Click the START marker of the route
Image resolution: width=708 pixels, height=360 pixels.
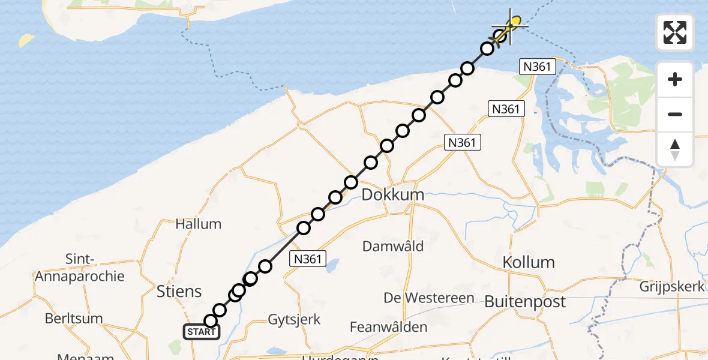pos(201,331)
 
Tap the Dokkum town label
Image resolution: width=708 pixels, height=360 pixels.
pos(392,194)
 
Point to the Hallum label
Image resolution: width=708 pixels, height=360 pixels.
pos(198,224)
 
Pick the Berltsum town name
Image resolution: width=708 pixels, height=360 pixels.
pos(74,318)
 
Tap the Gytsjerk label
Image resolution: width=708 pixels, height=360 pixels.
pos(294,319)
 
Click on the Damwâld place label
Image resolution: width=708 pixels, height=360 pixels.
pos(393,245)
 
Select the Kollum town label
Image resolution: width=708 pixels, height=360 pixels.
pos(528,262)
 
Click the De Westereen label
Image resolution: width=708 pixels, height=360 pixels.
pos(429,298)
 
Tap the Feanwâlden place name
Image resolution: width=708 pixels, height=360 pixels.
pos(389,327)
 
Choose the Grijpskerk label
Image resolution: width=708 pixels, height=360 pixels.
pos(671,287)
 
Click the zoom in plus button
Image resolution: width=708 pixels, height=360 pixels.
pos(675,79)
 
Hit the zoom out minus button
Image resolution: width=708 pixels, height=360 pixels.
pos(675,114)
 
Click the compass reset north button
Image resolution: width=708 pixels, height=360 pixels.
pos(675,149)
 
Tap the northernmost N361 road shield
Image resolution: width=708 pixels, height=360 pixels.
pos(536,67)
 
